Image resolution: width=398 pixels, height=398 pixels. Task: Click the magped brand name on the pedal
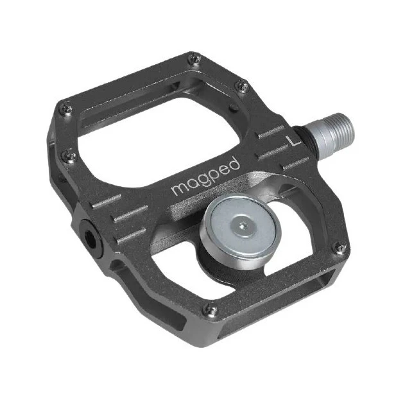point(205,177)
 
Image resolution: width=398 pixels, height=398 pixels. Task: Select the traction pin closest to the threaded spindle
point(242,85)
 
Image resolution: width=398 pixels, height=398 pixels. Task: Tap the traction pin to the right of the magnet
point(340,248)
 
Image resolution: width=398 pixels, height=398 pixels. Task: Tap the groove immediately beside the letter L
point(272,135)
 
